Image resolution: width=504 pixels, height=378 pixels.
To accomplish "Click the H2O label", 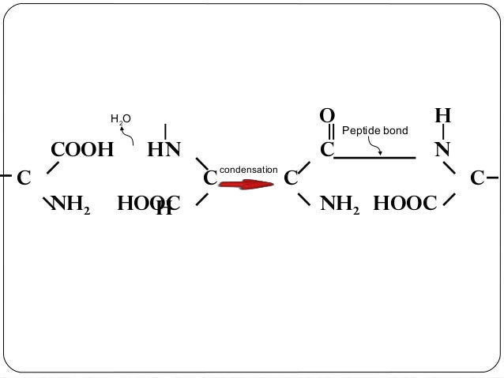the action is [x=120, y=119].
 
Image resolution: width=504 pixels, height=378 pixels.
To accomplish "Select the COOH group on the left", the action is [x=82, y=150].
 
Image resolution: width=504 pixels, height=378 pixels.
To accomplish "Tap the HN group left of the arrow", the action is [x=164, y=150].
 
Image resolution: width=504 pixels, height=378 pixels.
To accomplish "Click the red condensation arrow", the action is [x=245, y=184].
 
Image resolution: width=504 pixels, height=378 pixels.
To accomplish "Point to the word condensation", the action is [x=248, y=170].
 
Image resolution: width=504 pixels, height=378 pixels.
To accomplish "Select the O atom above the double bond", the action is [x=326, y=116].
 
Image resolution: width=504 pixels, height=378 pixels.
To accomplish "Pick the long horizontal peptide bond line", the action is [x=374, y=158].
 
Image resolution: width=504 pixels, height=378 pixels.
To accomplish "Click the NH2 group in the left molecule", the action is [x=70, y=205].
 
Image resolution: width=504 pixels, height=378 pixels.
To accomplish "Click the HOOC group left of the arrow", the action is [x=149, y=205].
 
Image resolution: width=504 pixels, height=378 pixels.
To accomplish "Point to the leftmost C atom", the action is [x=23, y=178].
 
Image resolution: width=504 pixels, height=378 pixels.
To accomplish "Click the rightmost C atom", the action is [x=477, y=178].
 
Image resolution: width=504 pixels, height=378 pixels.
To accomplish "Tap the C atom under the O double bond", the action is [x=326, y=150].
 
